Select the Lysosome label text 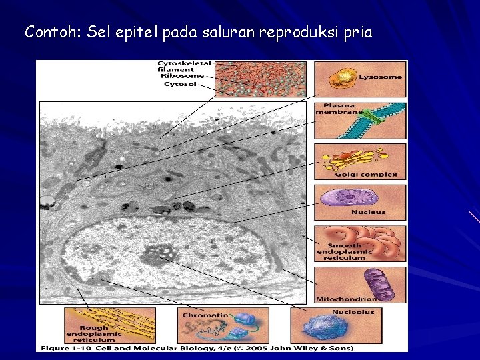pyautogui.click(x=381, y=77)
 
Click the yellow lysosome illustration pyautogui.click(x=345, y=79)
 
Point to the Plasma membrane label pyautogui.click(x=339, y=109)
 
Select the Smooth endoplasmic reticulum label pyautogui.click(x=345, y=252)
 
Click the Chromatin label pyautogui.click(x=205, y=314)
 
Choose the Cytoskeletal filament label pyautogui.click(x=184, y=66)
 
